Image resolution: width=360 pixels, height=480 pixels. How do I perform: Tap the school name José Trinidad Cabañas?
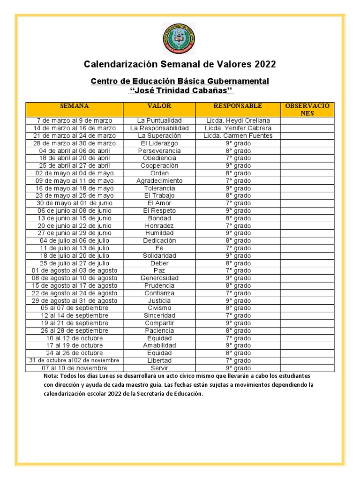[180, 90]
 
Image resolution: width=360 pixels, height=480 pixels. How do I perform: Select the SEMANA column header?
[75, 106]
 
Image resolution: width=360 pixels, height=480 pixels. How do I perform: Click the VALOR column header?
[159, 106]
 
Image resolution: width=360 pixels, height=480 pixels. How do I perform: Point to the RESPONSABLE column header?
[238, 106]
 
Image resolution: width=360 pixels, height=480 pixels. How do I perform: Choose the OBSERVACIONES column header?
[307, 109]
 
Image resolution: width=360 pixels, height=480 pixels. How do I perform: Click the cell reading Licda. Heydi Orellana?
[238, 120]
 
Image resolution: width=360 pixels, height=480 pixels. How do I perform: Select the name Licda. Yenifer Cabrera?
[238, 128]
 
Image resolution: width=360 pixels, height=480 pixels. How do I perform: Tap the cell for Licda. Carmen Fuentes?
[238, 135]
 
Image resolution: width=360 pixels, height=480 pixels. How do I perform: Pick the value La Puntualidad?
[159, 120]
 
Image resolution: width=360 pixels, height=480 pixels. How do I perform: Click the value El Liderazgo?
[159, 143]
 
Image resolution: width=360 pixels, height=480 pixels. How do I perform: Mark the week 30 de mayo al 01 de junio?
[75, 203]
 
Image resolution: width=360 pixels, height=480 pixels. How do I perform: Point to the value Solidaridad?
[159, 255]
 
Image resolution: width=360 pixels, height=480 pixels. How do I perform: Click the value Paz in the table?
[159, 270]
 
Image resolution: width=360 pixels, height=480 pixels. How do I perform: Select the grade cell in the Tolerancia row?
[238, 188]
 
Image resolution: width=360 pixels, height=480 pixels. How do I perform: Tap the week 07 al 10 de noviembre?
[75, 368]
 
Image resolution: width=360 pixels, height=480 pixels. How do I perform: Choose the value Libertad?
[159, 360]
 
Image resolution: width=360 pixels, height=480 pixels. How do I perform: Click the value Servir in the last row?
[159, 368]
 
